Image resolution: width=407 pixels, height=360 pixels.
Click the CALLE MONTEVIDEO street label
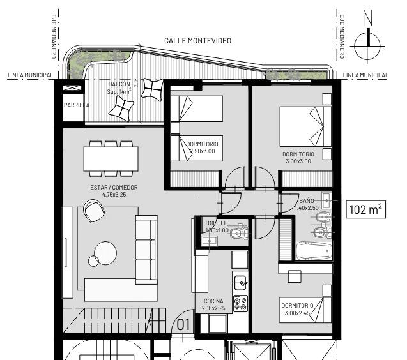pyautogui.click(x=198, y=41)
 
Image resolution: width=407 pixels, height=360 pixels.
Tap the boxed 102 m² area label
pyautogui.click(x=366, y=209)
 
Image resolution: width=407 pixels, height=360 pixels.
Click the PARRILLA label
pyautogui.click(x=77, y=105)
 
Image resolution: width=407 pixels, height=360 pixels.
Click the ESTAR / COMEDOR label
pyautogui.click(x=114, y=187)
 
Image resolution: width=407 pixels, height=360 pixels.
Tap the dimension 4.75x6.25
pyautogui.click(x=114, y=195)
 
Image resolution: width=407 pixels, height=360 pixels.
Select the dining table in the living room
pyautogui.click(x=111, y=159)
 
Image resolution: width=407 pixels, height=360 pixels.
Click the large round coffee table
pyautogui.click(x=105, y=253)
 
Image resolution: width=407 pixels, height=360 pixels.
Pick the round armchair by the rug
pyautogui.click(x=94, y=211)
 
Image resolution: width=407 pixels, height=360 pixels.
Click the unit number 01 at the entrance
pyautogui.click(x=183, y=325)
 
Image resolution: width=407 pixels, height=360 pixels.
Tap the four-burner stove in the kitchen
pyautogui.click(x=240, y=303)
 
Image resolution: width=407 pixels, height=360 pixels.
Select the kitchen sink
pyautogui.click(x=240, y=283)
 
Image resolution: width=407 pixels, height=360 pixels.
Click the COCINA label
pyautogui.click(x=213, y=301)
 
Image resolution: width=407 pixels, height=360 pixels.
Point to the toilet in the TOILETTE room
pyautogui.click(x=238, y=232)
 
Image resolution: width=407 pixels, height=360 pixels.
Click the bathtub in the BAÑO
pyautogui.click(x=314, y=251)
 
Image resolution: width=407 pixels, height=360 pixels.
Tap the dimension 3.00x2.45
pyautogui.click(x=297, y=313)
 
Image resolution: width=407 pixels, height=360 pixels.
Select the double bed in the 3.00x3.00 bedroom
pyautogui.click(x=305, y=127)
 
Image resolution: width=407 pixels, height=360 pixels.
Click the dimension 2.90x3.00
pyautogui.click(x=203, y=151)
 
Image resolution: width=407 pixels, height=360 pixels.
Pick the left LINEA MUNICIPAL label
pyautogui.click(x=31, y=75)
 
